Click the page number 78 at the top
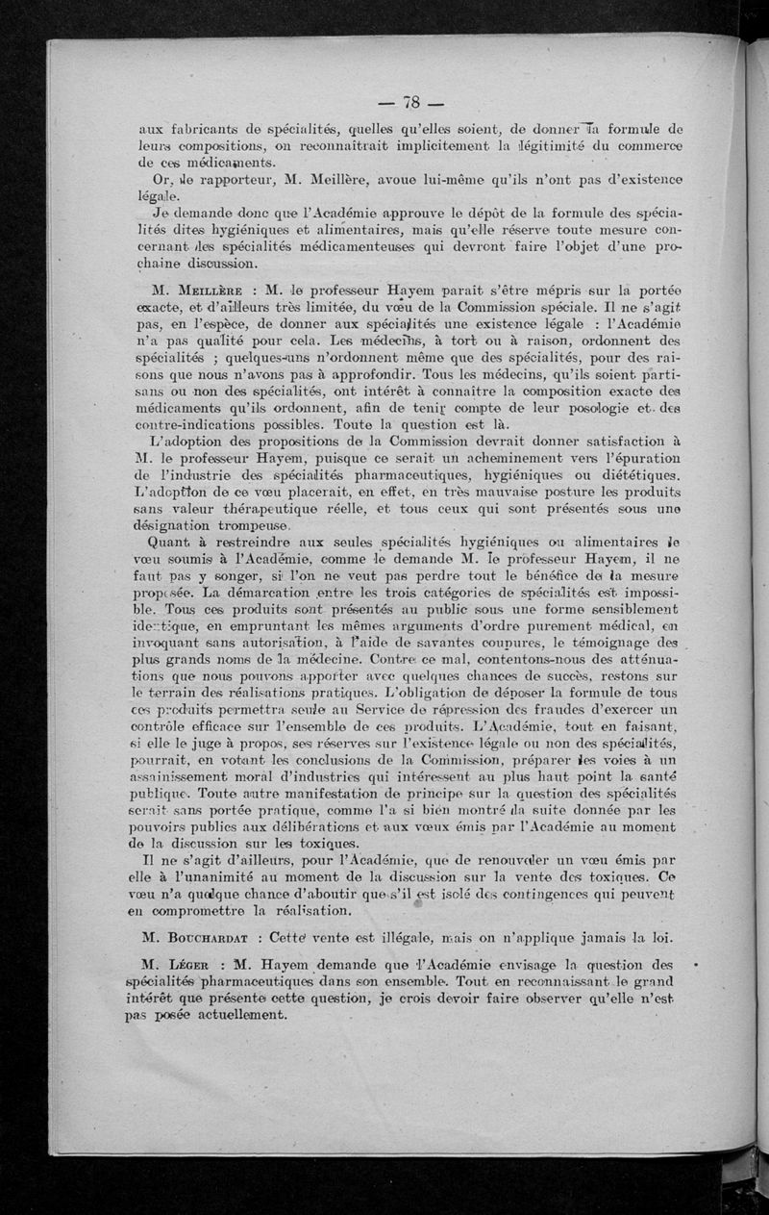coord(403,103)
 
